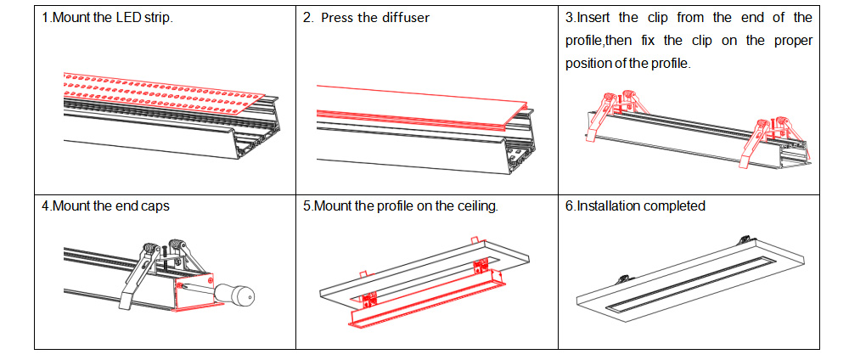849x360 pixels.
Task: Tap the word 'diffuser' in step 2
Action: [406, 18]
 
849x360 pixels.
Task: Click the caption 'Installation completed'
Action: [641, 206]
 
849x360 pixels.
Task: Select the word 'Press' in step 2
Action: [339, 18]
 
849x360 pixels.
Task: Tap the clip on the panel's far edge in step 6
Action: [745, 239]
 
